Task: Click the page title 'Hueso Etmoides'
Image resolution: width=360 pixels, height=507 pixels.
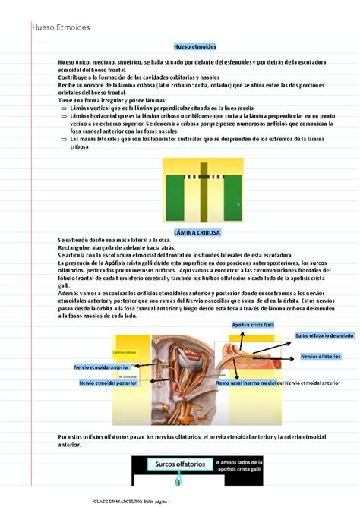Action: [61, 27]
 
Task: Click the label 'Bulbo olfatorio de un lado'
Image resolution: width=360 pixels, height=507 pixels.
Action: [324, 335]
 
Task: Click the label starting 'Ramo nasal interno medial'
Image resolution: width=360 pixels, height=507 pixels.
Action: [278, 383]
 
